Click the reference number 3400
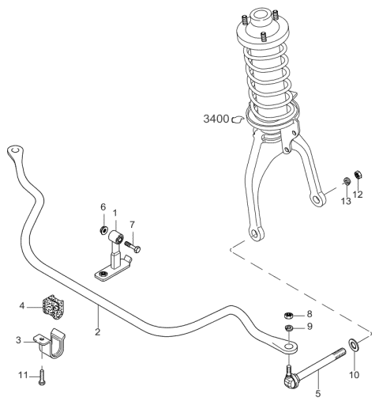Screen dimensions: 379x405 coord(216,119)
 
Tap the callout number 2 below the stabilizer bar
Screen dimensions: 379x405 coord(98,332)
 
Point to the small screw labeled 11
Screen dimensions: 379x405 coord(43,376)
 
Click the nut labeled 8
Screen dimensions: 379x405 coord(289,315)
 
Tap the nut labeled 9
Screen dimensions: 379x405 coord(289,328)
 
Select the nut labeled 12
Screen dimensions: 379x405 coord(358,174)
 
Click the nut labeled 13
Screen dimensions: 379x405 coord(347,181)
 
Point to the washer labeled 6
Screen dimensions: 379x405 coord(103,230)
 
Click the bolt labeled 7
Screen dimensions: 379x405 coord(133,246)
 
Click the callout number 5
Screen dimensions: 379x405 coord(318,394)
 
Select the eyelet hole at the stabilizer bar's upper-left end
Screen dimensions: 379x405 coord(15,150)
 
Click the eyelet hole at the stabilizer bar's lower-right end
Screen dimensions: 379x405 coord(289,346)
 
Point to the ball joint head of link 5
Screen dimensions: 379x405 coord(290,381)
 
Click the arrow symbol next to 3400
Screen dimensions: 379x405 coord(238,119)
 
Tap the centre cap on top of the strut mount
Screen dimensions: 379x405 coord(261,17)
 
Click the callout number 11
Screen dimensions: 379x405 coord(23,375)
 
